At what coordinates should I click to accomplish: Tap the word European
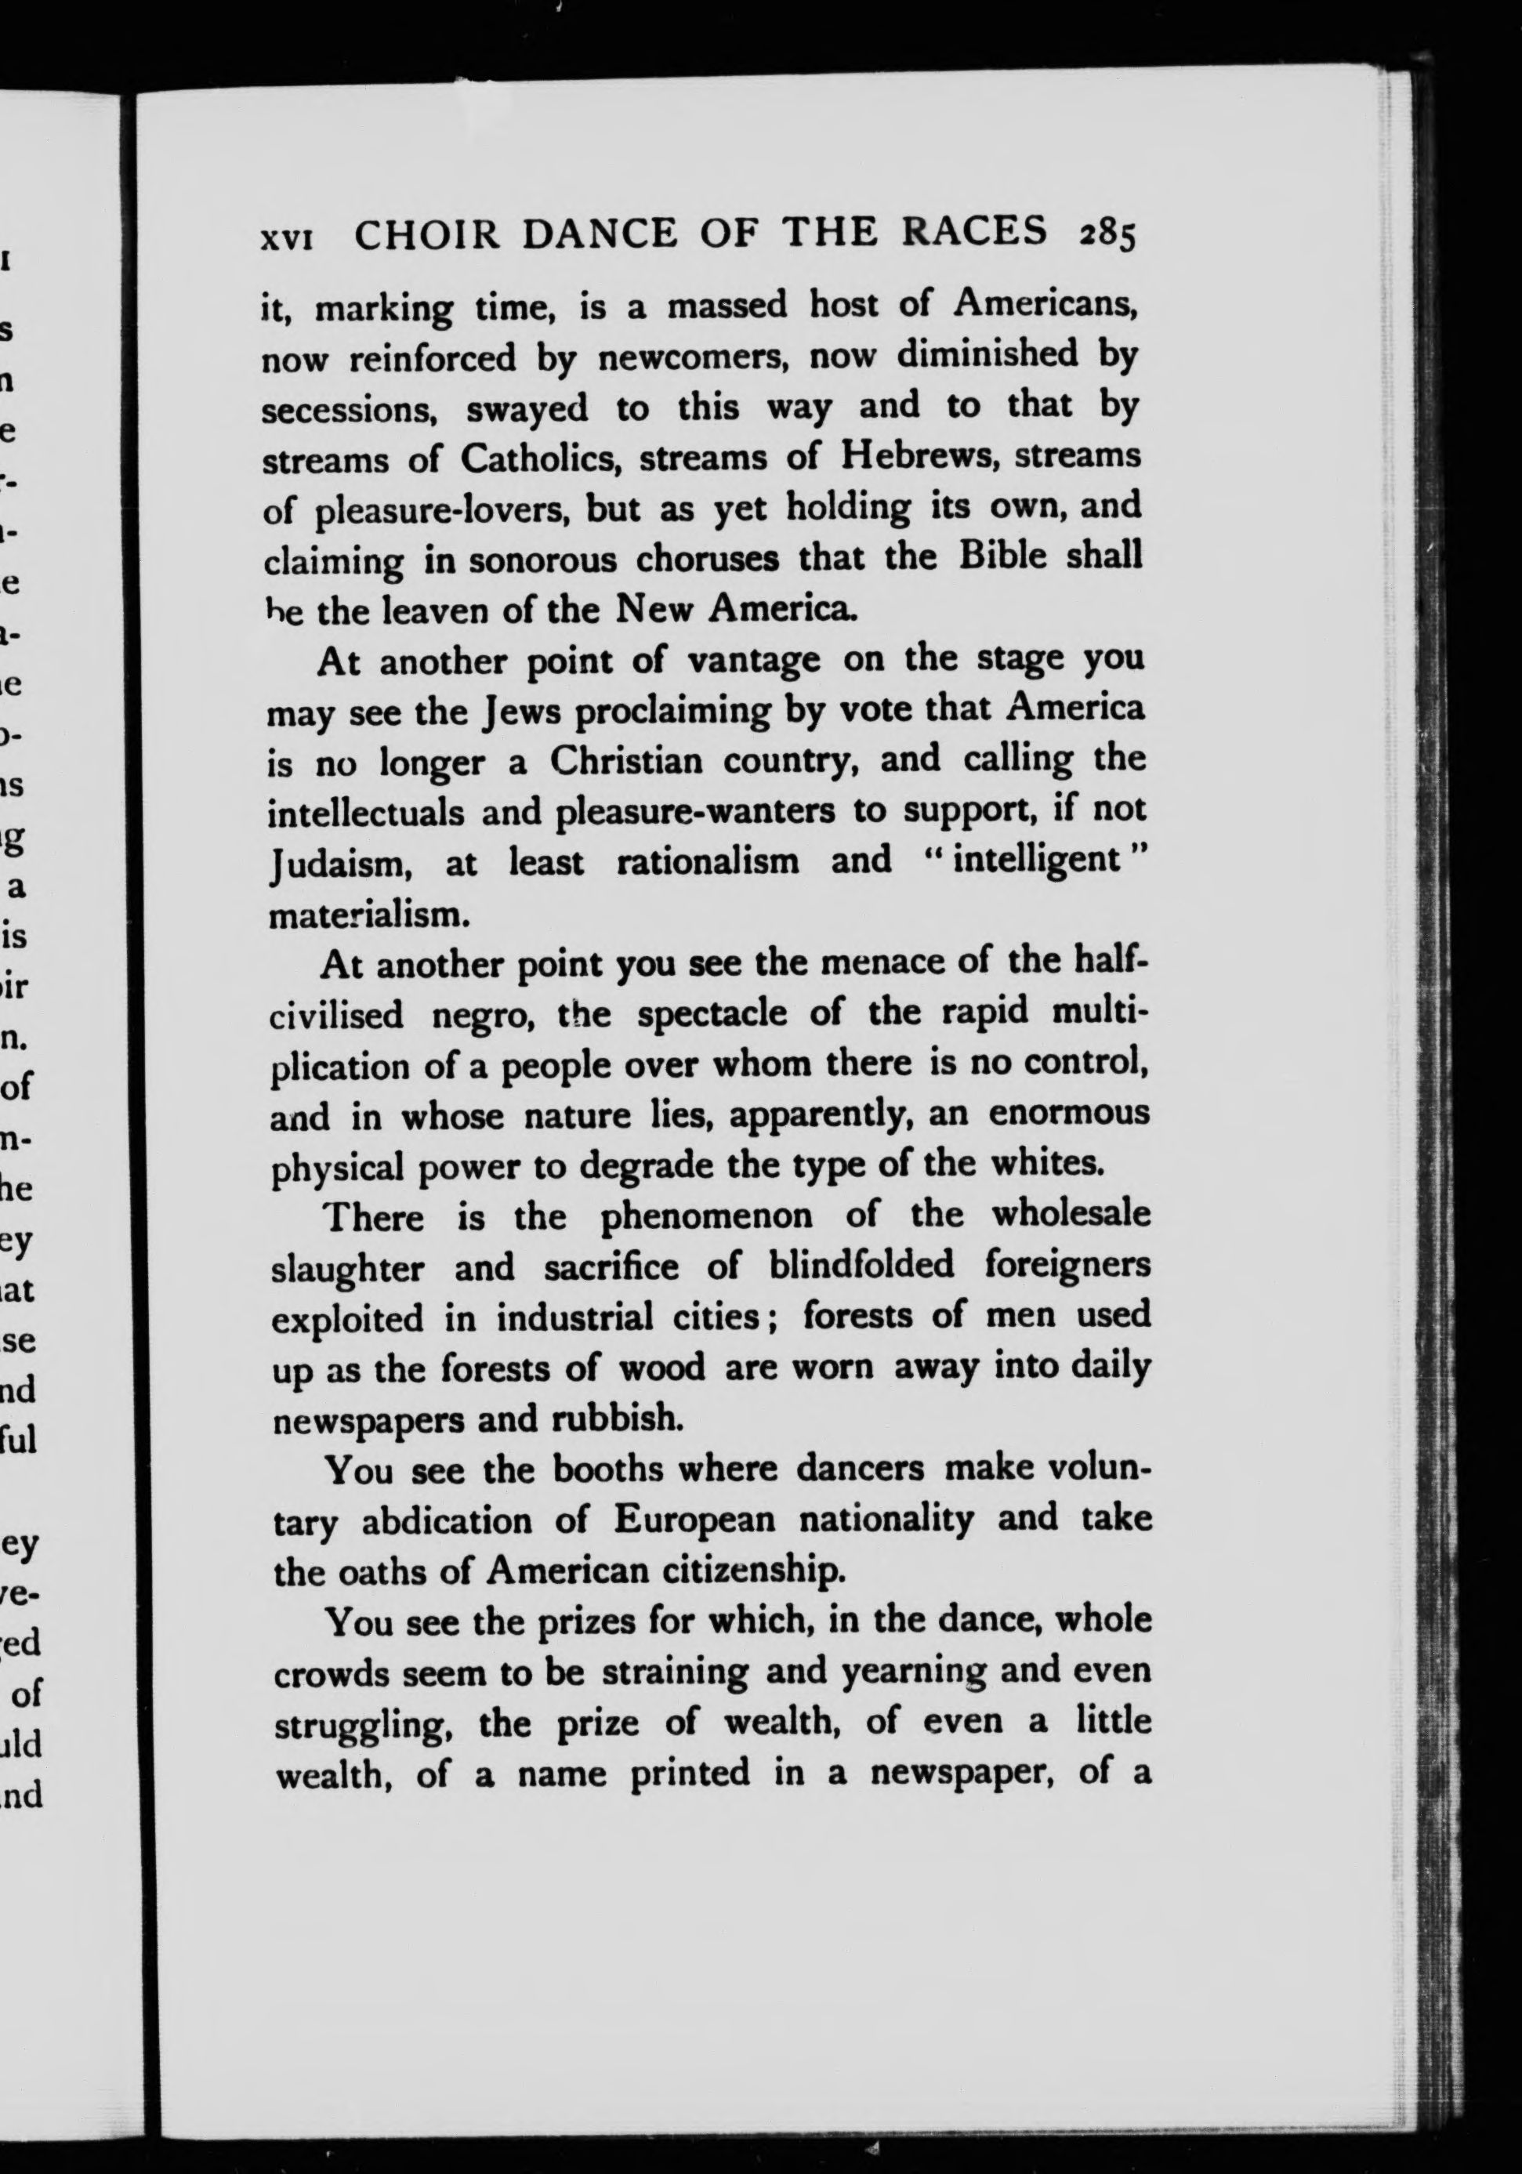coord(694,1520)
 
